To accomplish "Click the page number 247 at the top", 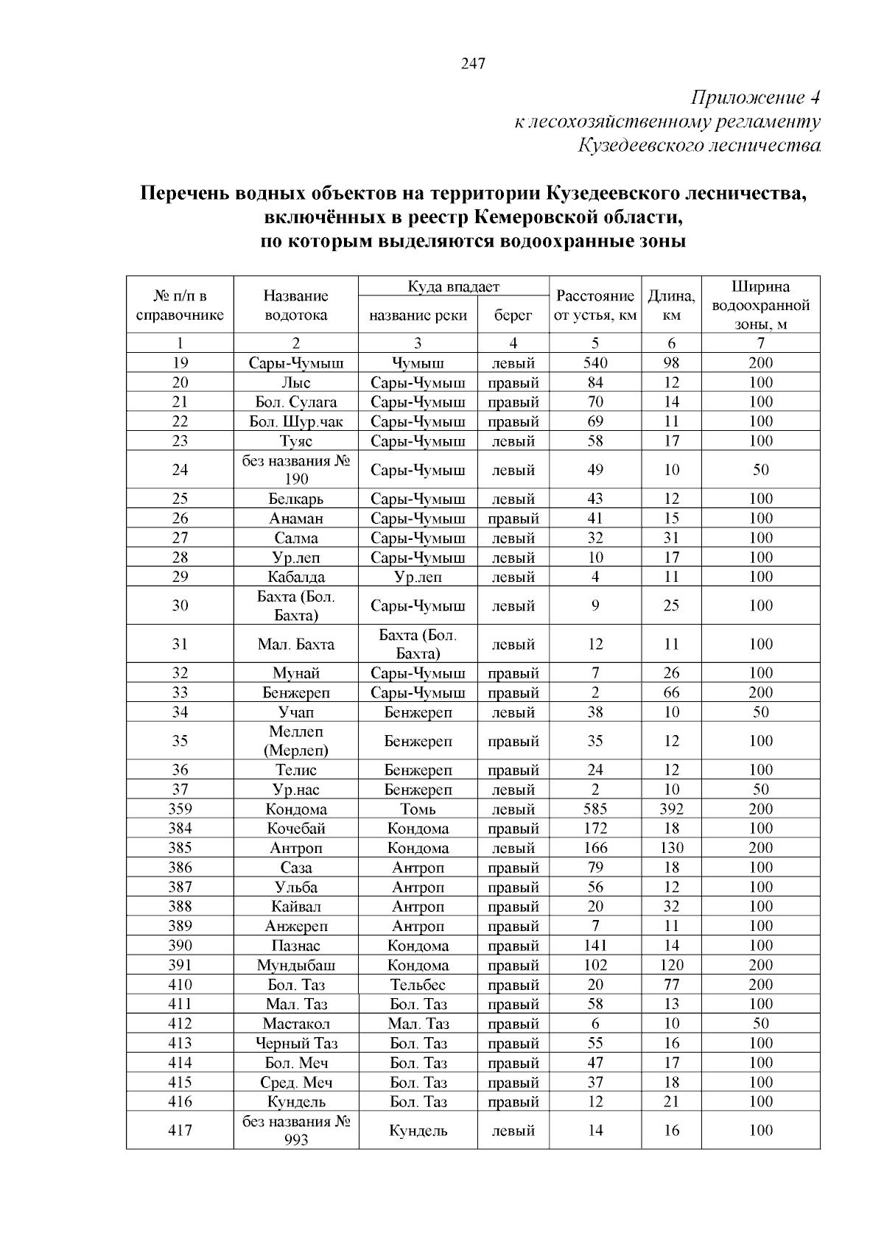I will (473, 64).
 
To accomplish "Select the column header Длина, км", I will (671, 306).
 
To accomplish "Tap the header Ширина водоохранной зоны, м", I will (760, 306).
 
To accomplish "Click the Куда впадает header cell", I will (453, 287).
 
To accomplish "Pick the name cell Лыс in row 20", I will (296, 382).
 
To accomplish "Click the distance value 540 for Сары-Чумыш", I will (595, 362).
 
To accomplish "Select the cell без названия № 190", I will (296, 470).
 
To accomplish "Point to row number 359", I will (180, 809).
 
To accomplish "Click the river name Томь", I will (418, 809).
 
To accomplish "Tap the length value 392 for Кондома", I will (671, 809).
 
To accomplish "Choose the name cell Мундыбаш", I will (296, 965).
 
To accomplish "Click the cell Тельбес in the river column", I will (418, 985).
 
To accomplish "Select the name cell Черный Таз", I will (296, 1043).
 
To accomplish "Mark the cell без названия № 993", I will (296, 1131).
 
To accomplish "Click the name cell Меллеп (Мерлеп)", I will (296, 741).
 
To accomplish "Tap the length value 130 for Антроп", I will (671, 848).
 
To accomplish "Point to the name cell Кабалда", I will (296, 577).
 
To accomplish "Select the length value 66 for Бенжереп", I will (671, 692).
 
